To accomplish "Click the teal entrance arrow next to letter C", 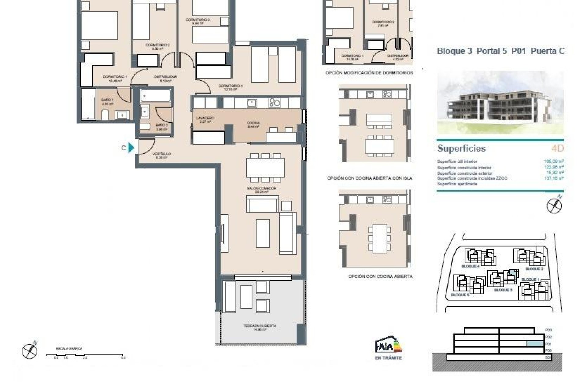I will click(x=131, y=148).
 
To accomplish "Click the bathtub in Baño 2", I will click(x=155, y=96).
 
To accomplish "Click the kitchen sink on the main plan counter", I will click(x=252, y=103).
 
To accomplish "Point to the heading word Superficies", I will click(x=461, y=148).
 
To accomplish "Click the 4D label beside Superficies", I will click(x=557, y=148).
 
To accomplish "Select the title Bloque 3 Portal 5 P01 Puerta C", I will click(x=500, y=51).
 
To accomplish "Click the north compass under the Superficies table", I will click(x=554, y=205).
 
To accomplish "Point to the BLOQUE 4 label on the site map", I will click(x=470, y=266).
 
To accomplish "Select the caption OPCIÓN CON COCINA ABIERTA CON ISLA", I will click(x=369, y=178).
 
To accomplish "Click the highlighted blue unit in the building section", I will click(x=535, y=344).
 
